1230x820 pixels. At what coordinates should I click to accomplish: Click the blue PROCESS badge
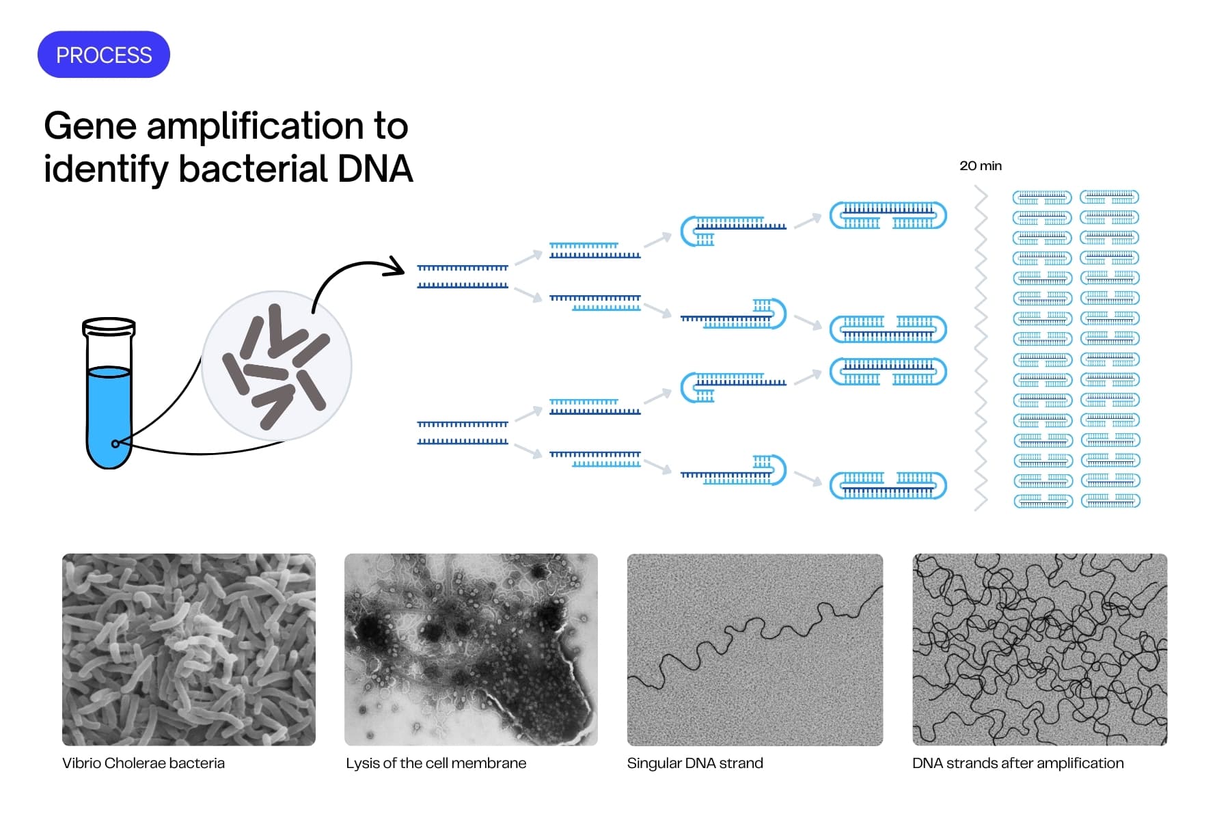coord(103,55)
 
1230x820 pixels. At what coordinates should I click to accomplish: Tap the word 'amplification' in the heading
coord(256,126)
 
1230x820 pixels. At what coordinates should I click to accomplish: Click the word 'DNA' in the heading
coord(375,169)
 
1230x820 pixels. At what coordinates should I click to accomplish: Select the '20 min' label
coord(980,166)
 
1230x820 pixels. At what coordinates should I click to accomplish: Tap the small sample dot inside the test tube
coord(115,443)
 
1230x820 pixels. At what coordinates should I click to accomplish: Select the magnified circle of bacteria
coord(277,366)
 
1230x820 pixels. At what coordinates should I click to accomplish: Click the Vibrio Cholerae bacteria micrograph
coord(189,649)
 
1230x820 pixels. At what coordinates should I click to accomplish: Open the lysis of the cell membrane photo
coord(471,649)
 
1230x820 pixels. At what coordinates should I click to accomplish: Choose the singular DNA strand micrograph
coord(754,649)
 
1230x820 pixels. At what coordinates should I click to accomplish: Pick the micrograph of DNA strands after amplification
coord(1039,649)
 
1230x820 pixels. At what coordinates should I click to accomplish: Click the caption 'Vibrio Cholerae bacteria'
coord(143,763)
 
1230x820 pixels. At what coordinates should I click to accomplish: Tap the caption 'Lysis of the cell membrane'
coord(436,763)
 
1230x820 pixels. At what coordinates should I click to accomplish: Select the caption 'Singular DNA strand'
coord(695,763)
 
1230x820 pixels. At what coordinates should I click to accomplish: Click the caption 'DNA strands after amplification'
coord(1017,763)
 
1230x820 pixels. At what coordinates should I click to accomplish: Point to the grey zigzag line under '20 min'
coord(981,348)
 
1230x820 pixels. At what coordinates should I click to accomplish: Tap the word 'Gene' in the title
coord(90,126)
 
